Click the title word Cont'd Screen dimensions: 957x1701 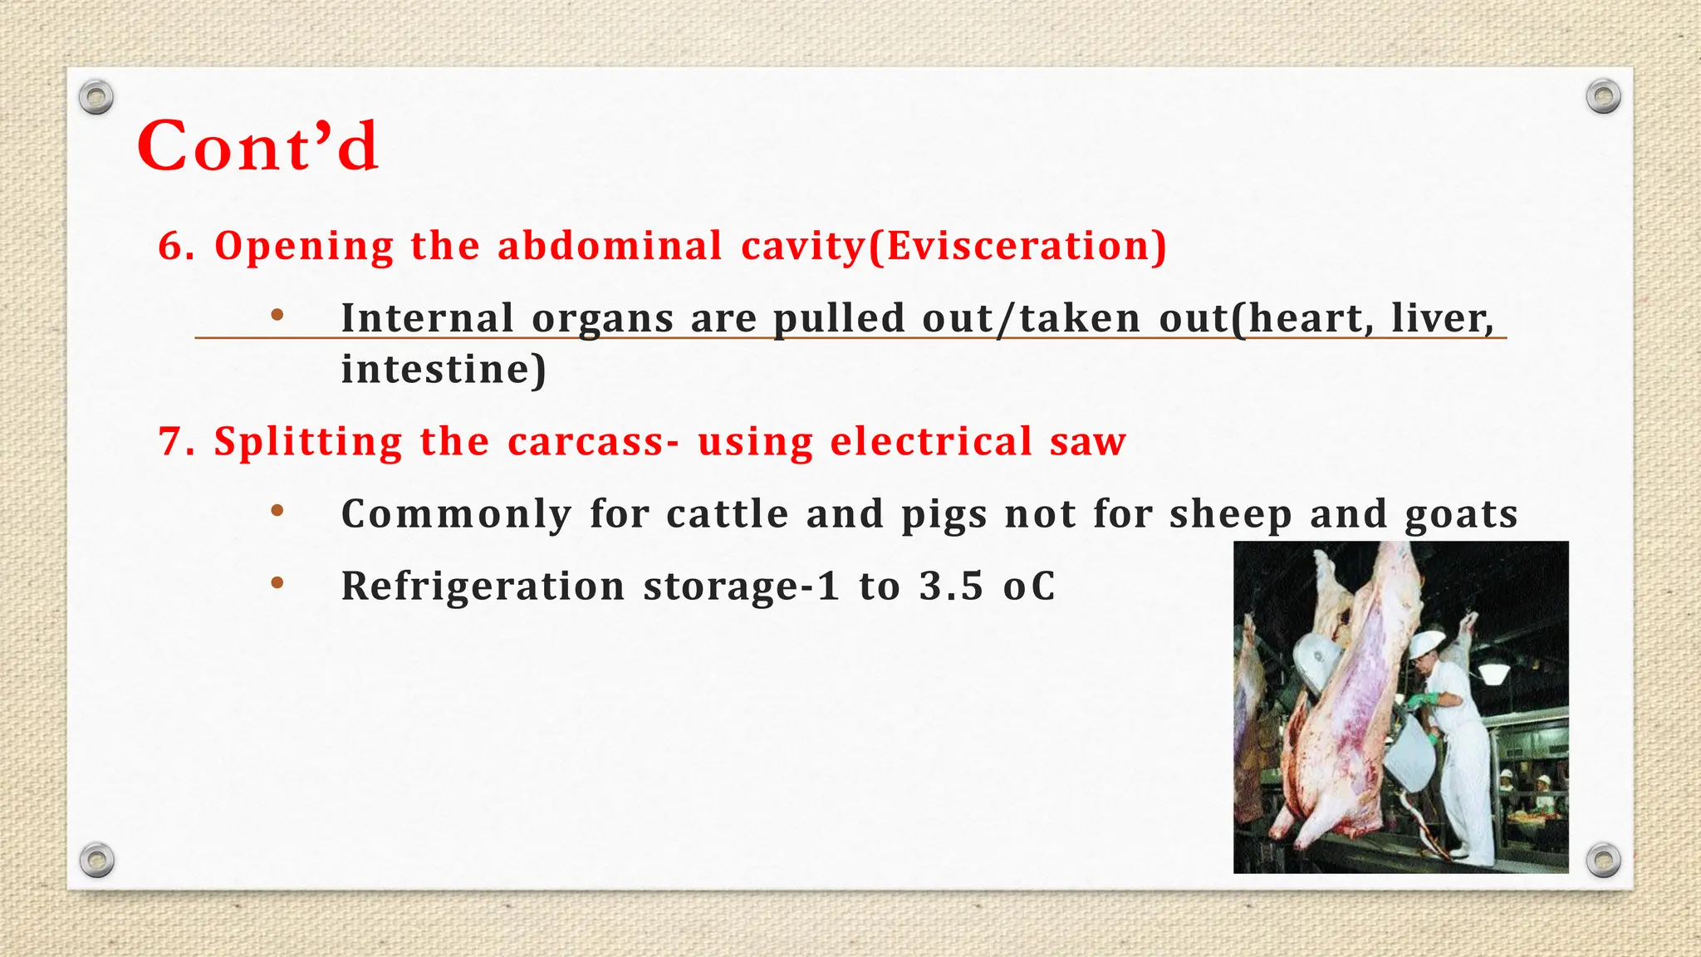coord(257,146)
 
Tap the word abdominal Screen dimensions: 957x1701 coord(610,247)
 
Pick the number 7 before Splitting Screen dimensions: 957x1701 coord(169,442)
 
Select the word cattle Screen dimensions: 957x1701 coord(727,514)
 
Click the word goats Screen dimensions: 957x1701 coord(1461,514)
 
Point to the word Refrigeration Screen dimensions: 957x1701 coord(483,586)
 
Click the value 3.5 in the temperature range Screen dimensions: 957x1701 coord(951,586)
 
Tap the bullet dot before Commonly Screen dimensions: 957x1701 coord(277,511)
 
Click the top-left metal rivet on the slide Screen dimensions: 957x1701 coord(96,98)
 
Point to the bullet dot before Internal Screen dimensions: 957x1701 coord(277,316)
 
